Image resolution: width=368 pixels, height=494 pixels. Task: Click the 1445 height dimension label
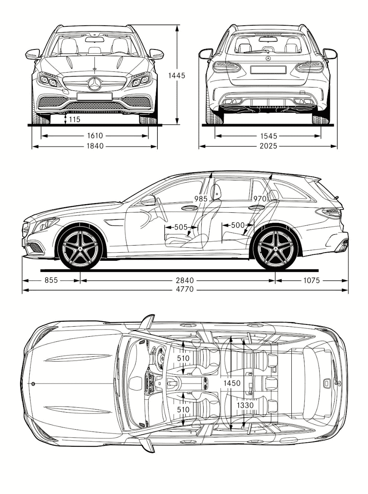pos(176,76)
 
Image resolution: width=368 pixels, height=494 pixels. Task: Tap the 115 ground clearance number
pos(74,119)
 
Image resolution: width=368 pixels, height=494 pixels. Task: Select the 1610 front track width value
pos(95,136)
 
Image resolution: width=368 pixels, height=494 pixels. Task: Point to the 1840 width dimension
pos(95,146)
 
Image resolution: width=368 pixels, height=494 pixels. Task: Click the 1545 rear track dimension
pos(268,136)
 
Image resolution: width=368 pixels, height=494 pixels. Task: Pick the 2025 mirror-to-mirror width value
pos(268,146)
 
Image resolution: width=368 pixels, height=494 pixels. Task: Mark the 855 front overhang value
pos(51,280)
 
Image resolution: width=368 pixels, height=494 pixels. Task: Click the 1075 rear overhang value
pos(311,280)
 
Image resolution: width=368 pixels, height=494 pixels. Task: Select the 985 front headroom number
pos(201,199)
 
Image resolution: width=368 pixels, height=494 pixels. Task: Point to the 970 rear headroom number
pos(260,199)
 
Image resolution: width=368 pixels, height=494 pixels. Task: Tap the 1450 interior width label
pos(231,383)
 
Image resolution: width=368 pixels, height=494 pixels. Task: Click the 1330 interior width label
pos(246,405)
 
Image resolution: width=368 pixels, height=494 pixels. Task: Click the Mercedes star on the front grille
pos(95,84)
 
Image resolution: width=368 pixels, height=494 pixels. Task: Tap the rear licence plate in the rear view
pos(268,70)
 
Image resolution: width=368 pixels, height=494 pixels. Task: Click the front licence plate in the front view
pos(95,97)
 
